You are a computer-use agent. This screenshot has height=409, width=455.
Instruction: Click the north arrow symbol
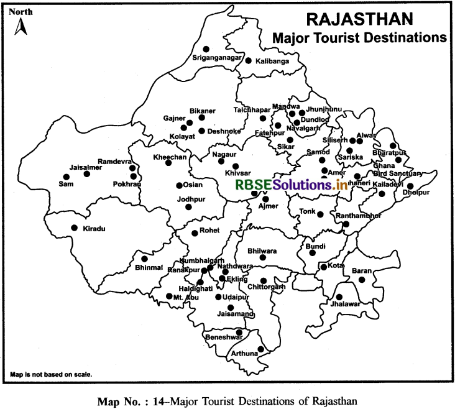tap(19, 25)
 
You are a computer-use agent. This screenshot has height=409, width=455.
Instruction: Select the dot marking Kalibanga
tap(248, 61)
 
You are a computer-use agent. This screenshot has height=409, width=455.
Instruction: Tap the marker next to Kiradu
tap(75, 228)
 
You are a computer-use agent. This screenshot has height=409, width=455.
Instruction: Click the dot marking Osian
tap(179, 185)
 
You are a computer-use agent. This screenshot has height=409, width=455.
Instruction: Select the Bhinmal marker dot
tap(144, 259)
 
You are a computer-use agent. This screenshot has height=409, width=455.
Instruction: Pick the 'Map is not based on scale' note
tap(51, 375)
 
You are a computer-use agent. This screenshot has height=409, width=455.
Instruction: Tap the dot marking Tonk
tap(320, 214)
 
